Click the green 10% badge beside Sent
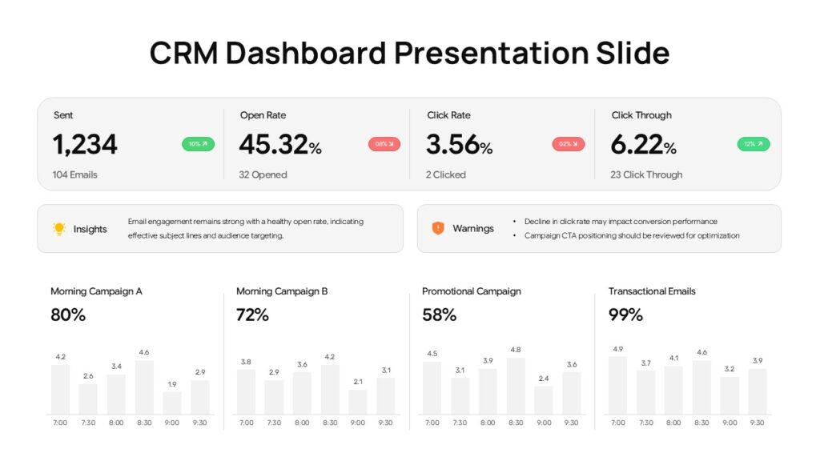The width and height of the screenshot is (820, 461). pos(198,144)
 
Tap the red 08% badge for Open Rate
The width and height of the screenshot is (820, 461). pos(384,144)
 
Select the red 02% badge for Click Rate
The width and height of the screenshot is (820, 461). pos(569,144)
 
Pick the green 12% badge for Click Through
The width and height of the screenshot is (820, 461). pos(754,144)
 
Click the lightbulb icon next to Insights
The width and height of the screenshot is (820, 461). pos(59,228)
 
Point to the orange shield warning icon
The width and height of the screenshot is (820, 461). pos(438,228)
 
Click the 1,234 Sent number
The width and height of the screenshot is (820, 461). pos(85,145)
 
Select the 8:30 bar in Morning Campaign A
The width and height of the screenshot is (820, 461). pos(144,387)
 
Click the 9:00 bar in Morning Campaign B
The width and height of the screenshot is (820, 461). pos(358,401)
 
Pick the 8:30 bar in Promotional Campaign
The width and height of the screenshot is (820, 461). pos(516,385)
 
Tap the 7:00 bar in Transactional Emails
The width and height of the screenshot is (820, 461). pos(618,384)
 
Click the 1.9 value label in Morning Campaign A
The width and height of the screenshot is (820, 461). pos(172,384)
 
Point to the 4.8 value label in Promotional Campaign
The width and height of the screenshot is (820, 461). pos(516,350)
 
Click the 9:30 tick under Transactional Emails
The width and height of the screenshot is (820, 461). pos(757,423)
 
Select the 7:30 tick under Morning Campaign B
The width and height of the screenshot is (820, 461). pos(274,423)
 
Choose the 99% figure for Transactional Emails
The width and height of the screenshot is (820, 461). pos(625,315)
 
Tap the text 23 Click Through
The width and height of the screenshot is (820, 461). pos(646,174)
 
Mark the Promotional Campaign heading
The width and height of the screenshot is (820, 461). pos(472,291)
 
